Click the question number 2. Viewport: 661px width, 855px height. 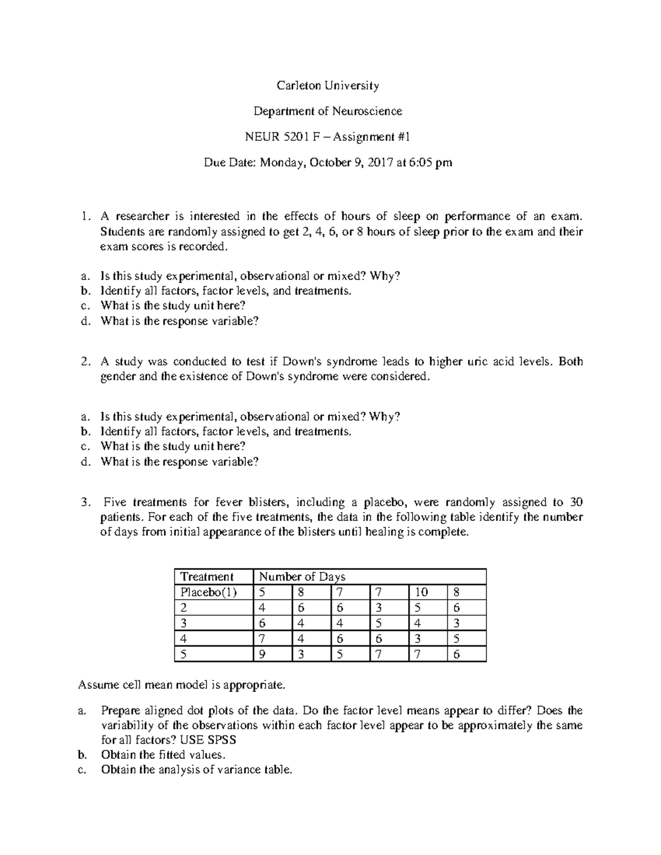pyautogui.click(x=84, y=362)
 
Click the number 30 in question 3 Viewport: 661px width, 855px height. pyautogui.click(x=576, y=502)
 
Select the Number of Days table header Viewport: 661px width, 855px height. pyautogui.click(x=302, y=576)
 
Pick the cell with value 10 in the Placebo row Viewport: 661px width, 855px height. pyautogui.click(x=421, y=592)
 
